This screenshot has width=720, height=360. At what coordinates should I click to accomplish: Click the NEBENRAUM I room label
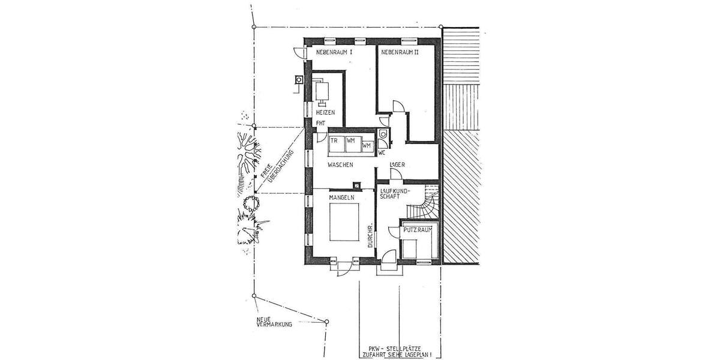click(x=334, y=53)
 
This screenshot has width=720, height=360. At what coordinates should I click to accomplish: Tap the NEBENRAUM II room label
click(x=399, y=53)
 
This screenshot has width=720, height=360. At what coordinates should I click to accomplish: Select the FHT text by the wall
click(x=321, y=124)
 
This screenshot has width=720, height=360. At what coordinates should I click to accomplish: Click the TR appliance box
click(x=334, y=140)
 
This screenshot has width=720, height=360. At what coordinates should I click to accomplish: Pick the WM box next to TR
click(x=351, y=140)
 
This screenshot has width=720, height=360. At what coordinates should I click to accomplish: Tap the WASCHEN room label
click(x=340, y=164)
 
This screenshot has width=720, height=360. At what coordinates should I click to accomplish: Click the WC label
click(x=381, y=153)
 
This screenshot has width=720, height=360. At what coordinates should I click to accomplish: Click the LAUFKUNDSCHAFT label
click(x=394, y=194)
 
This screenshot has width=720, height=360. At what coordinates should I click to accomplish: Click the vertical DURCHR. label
click(x=370, y=236)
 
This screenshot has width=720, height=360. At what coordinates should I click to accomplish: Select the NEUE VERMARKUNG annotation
click(x=274, y=322)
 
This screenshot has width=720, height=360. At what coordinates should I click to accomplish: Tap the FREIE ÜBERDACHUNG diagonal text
click(x=274, y=171)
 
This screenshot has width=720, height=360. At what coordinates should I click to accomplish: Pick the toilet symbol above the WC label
click(x=383, y=134)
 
